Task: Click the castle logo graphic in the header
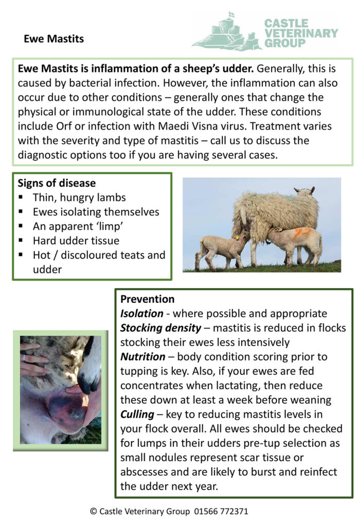pyautogui.click(x=226, y=32)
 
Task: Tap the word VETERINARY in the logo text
pyautogui.click(x=301, y=33)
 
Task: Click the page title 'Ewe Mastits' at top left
pyautogui.click(x=53, y=39)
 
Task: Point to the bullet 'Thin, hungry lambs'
pyautogui.click(x=79, y=198)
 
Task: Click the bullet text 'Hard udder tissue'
pyautogui.click(x=76, y=240)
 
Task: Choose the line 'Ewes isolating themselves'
pyautogui.click(x=96, y=212)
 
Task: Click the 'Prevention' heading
pyautogui.click(x=147, y=299)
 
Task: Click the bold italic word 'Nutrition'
pyautogui.click(x=143, y=356)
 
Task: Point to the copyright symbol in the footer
pyautogui.click(x=93, y=511)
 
